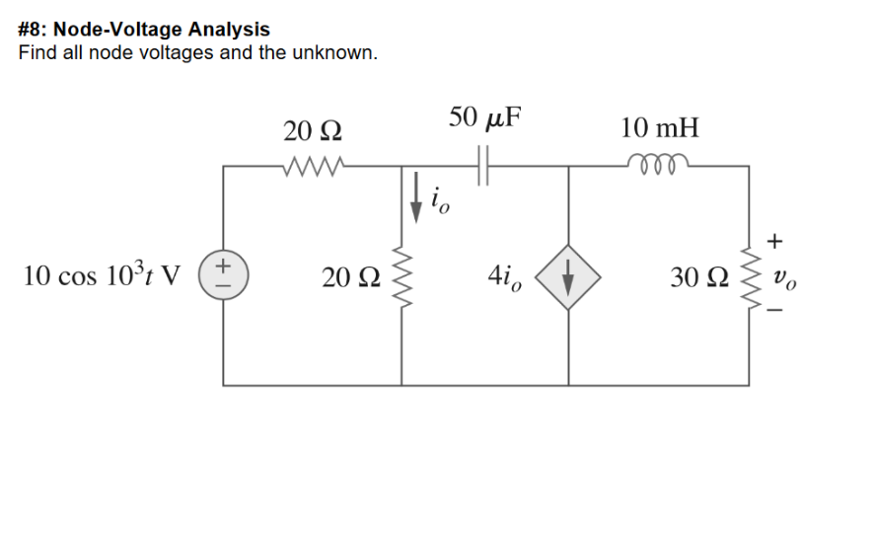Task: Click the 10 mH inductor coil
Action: click(654, 165)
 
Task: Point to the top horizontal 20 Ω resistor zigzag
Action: click(312, 165)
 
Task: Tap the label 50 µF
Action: click(483, 118)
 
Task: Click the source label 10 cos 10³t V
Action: click(100, 276)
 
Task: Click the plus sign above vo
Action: click(777, 240)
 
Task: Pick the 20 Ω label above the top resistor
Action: click(312, 129)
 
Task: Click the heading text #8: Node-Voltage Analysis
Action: click(144, 30)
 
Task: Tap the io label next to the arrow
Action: click(440, 202)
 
